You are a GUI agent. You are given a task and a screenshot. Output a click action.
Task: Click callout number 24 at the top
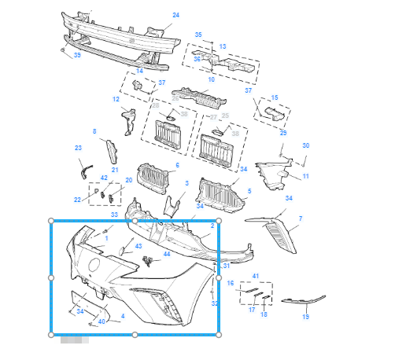pyautogui.click(x=175, y=15)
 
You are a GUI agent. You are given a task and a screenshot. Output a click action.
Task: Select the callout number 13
pyautogui.click(x=222, y=46)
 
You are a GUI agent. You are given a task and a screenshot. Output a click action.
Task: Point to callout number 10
pyautogui.click(x=211, y=80)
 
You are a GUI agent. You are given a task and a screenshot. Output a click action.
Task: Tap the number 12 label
pyautogui.click(x=115, y=100)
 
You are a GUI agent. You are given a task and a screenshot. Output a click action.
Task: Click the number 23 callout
pyautogui.click(x=78, y=148)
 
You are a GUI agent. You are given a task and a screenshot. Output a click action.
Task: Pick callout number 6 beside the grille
pyautogui.click(x=177, y=165)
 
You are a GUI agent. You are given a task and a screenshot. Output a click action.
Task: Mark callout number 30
pyautogui.click(x=306, y=145)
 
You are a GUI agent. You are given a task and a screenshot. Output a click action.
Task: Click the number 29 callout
pyautogui.click(x=283, y=134)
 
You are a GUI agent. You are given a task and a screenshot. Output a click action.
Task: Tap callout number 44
pyautogui.click(x=166, y=255)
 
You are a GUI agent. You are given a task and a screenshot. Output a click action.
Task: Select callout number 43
pyautogui.click(x=138, y=246)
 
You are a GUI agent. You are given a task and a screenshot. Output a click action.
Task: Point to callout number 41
pyautogui.click(x=254, y=275)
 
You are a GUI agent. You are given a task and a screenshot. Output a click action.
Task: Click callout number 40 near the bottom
pyautogui.click(x=102, y=321)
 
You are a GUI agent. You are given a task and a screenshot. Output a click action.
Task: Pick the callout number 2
pyautogui.click(x=212, y=226)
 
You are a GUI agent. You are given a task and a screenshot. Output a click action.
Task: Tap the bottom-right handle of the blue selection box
pyautogui.click(x=220, y=334)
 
